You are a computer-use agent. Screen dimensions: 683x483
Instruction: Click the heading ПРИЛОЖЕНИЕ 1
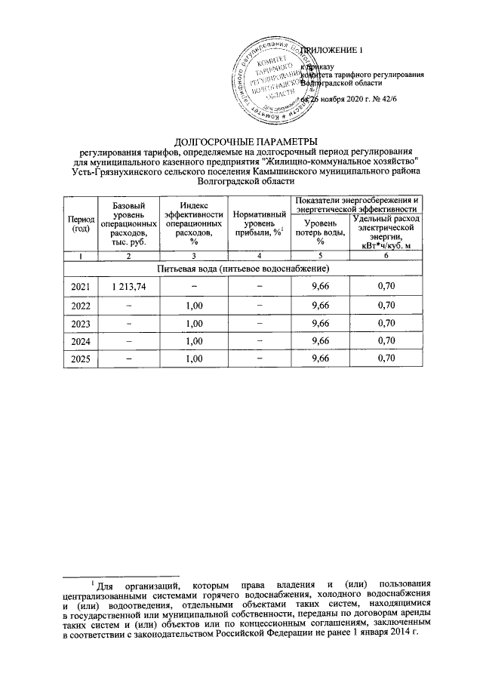[332, 51]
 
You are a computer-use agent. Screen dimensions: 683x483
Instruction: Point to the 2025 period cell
[79, 358]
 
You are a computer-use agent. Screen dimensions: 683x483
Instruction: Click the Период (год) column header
[79, 223]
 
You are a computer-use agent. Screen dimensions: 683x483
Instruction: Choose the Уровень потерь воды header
[320, 229]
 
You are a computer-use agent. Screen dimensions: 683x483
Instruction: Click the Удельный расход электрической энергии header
[386, 231]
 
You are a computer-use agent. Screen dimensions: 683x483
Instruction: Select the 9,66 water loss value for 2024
[320, 340]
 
